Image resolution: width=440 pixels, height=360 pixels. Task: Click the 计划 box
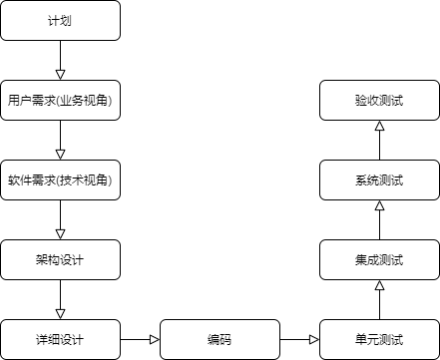(x=60, y=20)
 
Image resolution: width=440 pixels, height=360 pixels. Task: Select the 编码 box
(x=220, y=340)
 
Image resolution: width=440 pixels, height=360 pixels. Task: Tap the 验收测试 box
(x=379, y=101)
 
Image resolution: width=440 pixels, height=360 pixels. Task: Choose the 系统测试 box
(x=379, y=180)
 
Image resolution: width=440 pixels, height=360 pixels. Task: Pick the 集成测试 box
(x=379, y=260)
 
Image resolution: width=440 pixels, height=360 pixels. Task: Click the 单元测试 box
(x=379, y=340)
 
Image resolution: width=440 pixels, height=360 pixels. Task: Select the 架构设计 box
(x=60, y=260)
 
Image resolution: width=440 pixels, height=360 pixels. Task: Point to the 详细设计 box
(x=60, y=340)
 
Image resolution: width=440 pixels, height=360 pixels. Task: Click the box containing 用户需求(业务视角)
(x=60, y=101)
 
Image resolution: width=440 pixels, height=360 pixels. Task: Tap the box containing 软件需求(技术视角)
(x=60, y=180)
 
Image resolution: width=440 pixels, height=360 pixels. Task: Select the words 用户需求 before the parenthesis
(x=30, y=101)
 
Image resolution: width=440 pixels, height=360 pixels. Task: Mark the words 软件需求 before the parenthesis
(x=30, y=180)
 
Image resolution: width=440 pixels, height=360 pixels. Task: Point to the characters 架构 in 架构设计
(x=48, y=260)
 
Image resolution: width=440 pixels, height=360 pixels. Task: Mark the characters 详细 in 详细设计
(x=48, y=340)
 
